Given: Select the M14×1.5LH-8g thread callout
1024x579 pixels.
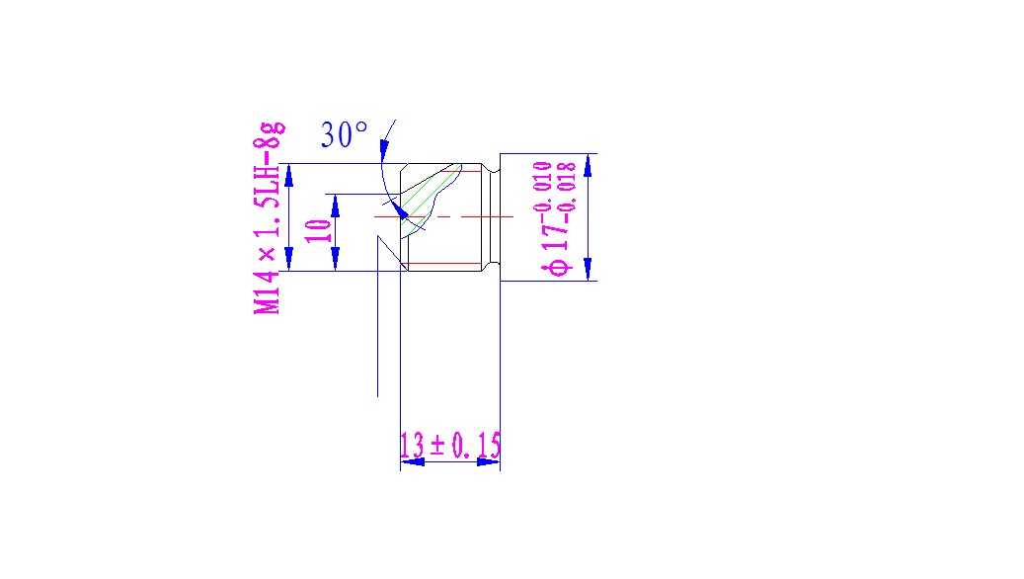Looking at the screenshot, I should [270, 217].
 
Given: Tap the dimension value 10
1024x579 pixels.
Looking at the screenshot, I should [317, 231].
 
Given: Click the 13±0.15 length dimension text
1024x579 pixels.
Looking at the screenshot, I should [449, 446].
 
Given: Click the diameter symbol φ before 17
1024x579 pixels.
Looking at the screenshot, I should [557, 267].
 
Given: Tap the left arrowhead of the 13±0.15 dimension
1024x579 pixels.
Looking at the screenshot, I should [411, 461].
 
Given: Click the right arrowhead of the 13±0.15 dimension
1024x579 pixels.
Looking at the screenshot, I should [489, 461].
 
